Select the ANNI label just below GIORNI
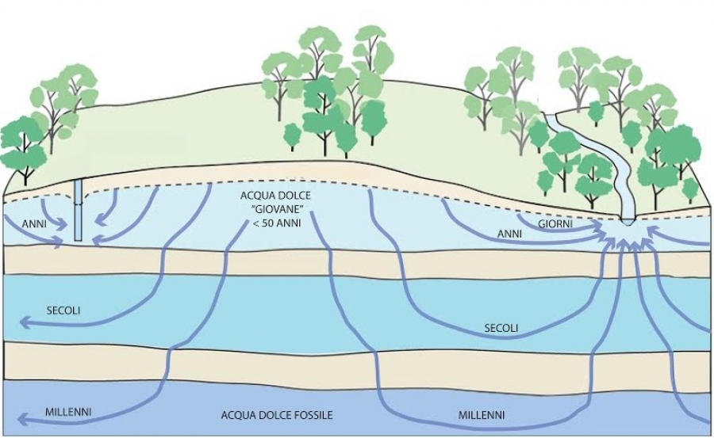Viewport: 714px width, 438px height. click(x=509, y=234)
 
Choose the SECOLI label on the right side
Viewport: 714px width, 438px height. click(x=501, y=326)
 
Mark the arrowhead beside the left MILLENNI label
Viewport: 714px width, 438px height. click(x=24, y=421)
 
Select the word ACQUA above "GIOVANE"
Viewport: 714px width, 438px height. click(x=253, y=195)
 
